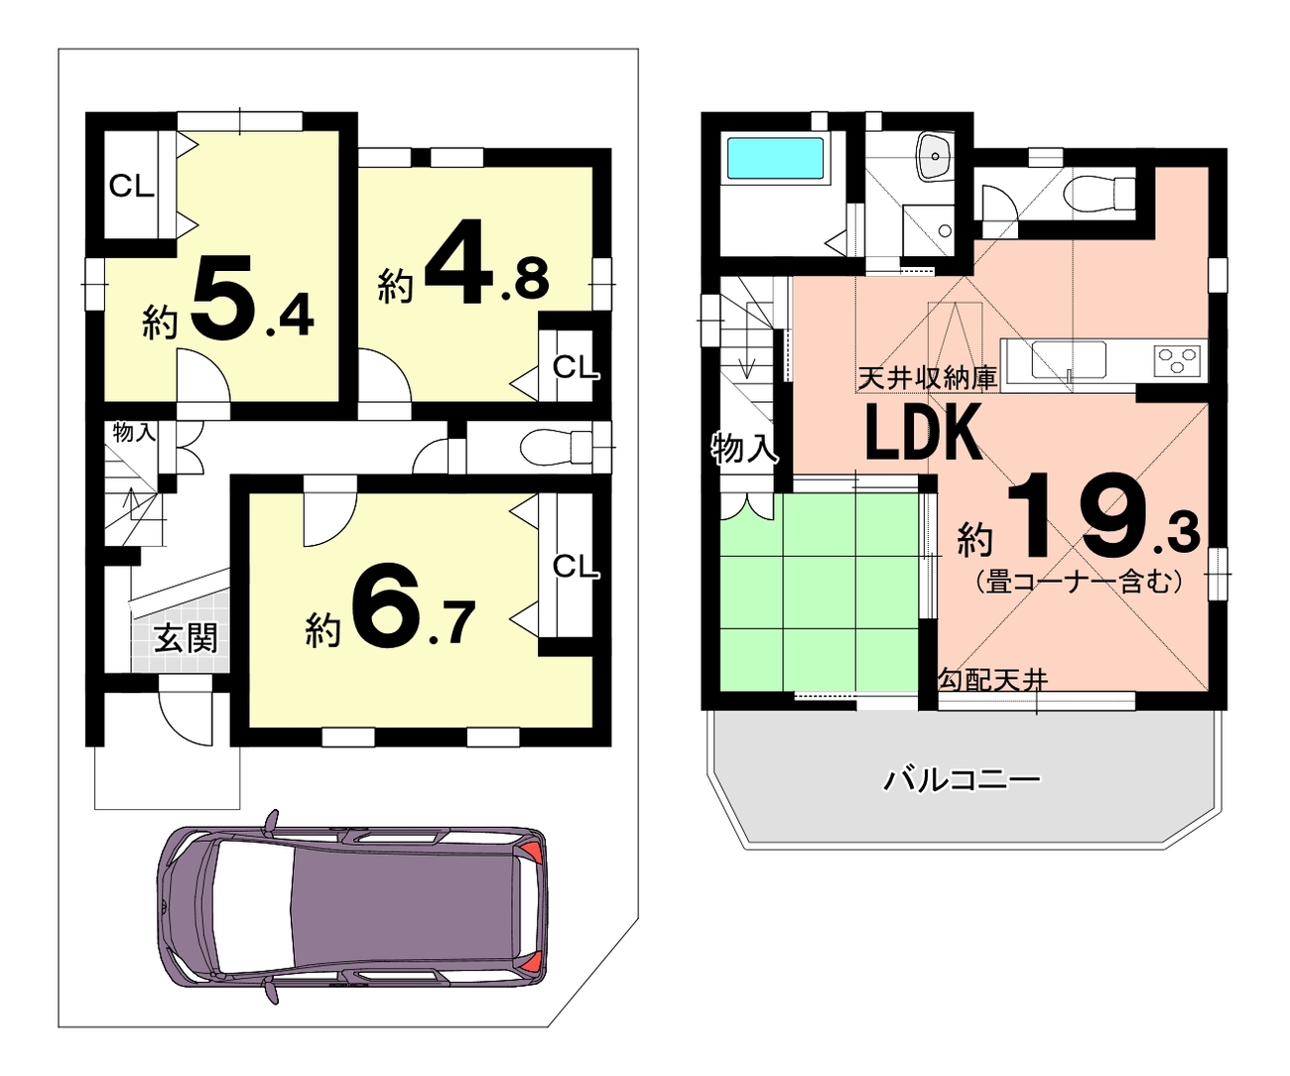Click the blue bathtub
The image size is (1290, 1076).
[775, 158]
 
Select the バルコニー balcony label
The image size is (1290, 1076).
[962, 780]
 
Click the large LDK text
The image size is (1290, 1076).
[924, 433]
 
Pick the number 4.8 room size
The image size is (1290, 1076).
[486, 262]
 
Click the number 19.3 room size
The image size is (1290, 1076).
[1103, 515]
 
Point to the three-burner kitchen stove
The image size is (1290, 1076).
[1178, 360]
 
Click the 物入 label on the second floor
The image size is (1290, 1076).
[744, 448]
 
